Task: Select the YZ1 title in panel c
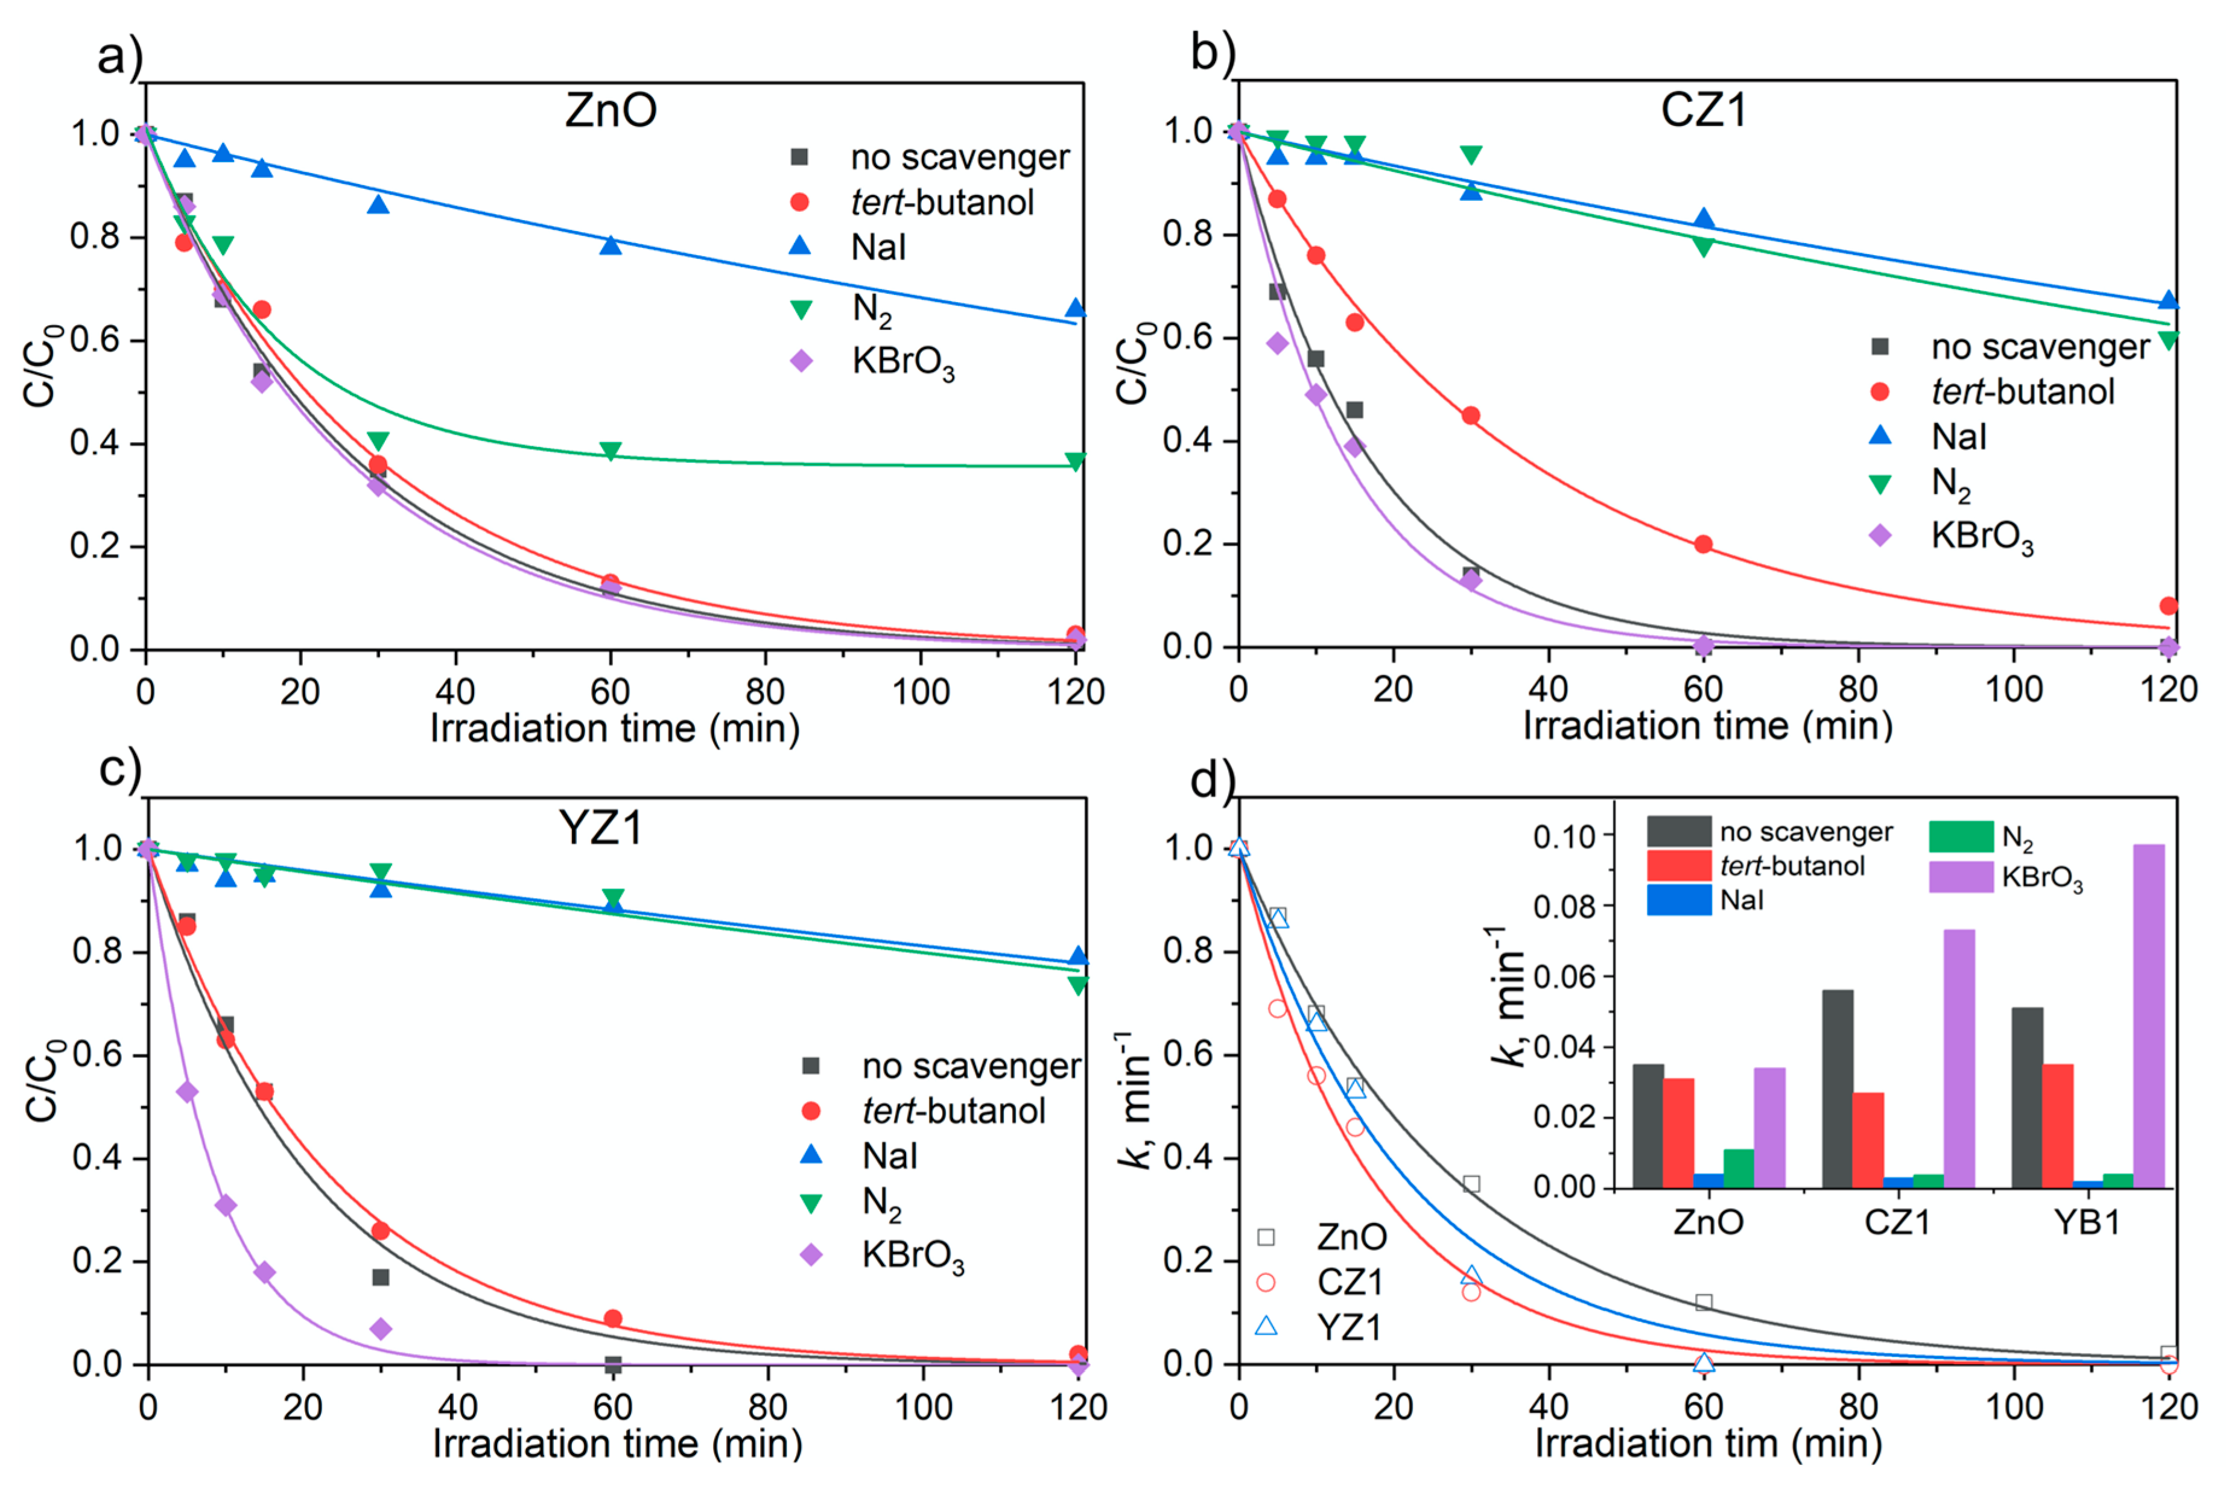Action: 601,828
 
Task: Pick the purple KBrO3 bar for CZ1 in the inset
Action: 1959,1058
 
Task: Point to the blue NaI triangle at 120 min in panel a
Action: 1075,308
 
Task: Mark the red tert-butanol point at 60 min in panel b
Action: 1703,544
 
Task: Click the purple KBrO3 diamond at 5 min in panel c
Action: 188,1092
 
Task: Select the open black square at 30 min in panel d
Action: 1471,1184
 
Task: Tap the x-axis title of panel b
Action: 1707,726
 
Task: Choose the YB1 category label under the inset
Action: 2087,1222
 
